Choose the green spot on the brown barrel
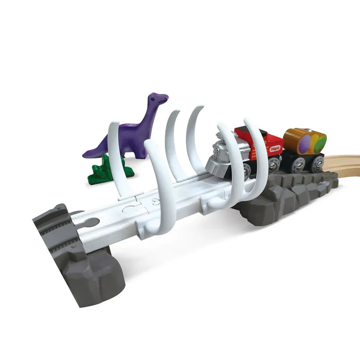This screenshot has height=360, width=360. point(320,140)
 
